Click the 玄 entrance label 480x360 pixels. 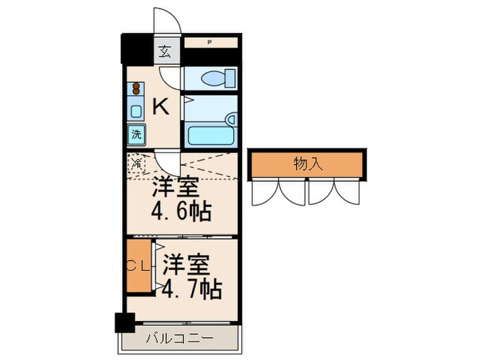pos(165,51)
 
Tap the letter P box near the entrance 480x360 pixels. pos(210,43)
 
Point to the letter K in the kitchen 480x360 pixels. pos(160,106)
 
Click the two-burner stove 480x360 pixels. pos(136,88)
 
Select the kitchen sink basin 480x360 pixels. pos(136,111)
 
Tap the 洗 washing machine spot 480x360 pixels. pos(136,134)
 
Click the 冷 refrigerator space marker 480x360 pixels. pos(136,163)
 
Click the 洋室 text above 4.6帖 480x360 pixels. pos(176,186)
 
